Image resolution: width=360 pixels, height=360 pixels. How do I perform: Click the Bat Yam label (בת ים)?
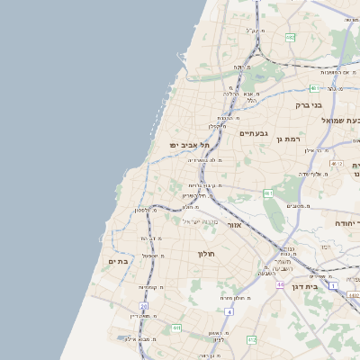tap(117, 261)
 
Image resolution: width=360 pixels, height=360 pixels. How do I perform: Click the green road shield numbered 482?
tap(290, 37)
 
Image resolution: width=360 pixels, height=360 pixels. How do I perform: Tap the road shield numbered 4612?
tap(335, 164)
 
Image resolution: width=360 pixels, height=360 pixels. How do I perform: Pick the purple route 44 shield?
tap(281, 285)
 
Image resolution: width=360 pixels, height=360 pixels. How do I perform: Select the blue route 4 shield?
tap(229, 311)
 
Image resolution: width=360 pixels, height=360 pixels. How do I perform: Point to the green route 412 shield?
tap(251, 339)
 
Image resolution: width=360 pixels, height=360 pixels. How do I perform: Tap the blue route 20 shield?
tap(144, 306)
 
